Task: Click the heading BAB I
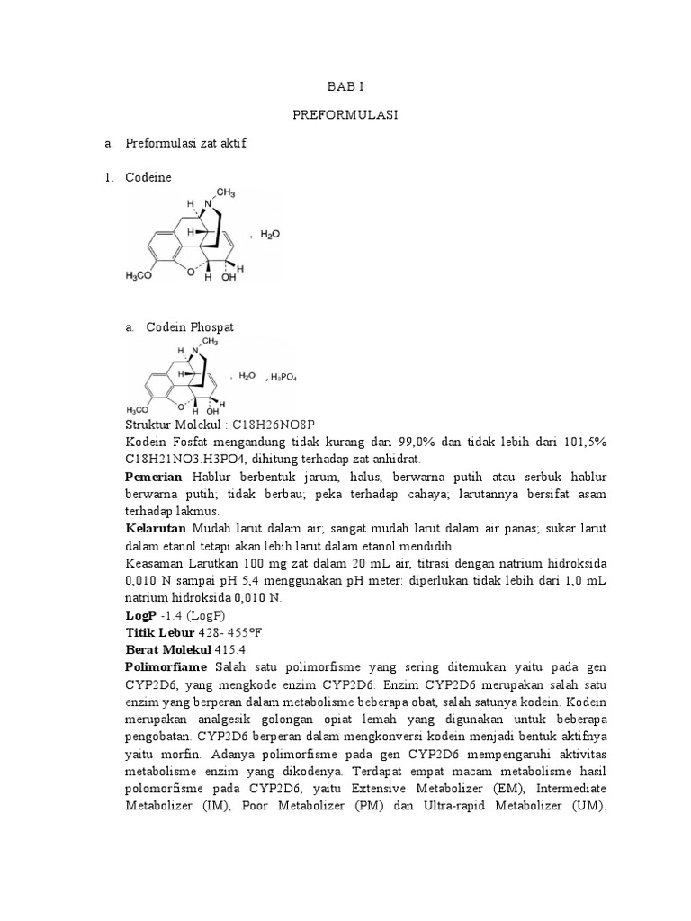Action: tap(345, 86)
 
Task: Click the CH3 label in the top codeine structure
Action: tap(225, 192)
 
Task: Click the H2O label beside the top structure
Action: tap(270, 233)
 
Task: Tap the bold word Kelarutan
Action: tap(156, 529)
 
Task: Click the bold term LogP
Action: tap(139, 615)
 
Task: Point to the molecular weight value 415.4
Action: tap(235, 649)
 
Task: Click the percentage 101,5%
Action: tap(587, 443)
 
